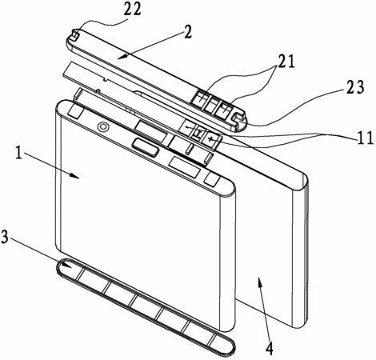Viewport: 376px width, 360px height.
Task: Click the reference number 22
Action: (132, 10)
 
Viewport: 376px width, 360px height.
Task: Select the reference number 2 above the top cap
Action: (187, 33)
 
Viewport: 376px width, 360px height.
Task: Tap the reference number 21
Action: (286, 62)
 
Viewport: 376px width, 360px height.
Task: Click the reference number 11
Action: (365, 138)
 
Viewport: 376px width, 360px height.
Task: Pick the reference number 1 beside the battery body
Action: (18, 154)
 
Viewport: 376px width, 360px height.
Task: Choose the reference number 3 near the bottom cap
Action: (5, 237)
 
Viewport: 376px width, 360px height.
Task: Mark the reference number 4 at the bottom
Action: (269, 347)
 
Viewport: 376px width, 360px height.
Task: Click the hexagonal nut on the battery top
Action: (102, 126)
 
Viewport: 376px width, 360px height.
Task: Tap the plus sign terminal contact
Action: (211, 139)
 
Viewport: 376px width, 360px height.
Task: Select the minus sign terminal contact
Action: (189, 127)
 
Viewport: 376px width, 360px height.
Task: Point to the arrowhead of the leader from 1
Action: (75, 176)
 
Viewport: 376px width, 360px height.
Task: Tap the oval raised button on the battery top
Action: (146, 147)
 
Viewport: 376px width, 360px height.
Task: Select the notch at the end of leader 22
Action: (76, 35)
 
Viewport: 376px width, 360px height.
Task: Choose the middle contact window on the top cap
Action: (210, 104)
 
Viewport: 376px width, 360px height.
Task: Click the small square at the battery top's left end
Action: (75, 112)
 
